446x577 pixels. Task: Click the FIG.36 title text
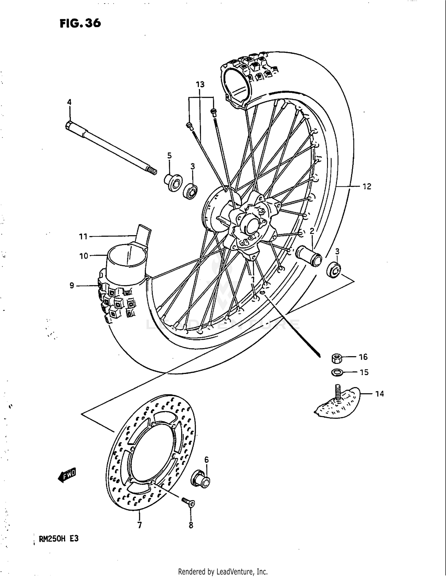(80, 23)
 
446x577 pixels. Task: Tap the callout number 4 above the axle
(69, 102)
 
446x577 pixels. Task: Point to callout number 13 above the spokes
(200, 84)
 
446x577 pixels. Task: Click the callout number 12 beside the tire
(367, 186)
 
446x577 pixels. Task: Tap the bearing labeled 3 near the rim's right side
(334, 269)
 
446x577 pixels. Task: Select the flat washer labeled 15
(336, 372)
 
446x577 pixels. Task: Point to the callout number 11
(83, 237)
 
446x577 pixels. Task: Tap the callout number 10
(84, 256)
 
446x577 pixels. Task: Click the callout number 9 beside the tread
(72, 286)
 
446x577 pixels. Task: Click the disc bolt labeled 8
(188, 502)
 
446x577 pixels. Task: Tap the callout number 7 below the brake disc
(139, 525)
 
